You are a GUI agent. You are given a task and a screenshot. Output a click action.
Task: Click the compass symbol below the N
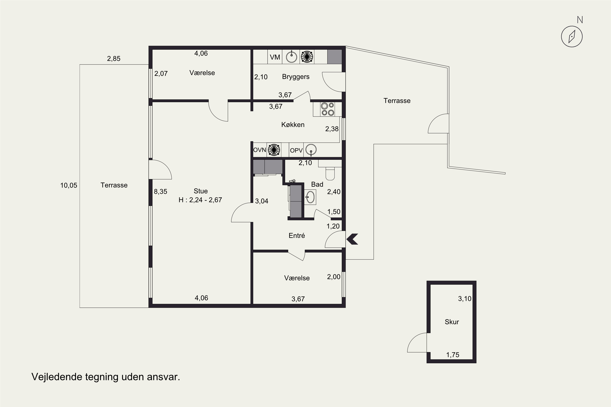pyautogui.click(x=572, y=37)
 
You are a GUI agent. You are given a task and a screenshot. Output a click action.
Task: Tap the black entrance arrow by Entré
pyautogui.click(x=352, y=239)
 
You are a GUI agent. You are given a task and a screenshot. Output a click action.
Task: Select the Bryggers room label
pyautogui.click(x=296, y=77)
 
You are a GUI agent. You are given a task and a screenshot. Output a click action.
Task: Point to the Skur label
pyautogui.click(x=452, y=322)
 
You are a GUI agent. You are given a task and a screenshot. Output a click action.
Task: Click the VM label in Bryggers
pyautogui.click(x=275, y=57)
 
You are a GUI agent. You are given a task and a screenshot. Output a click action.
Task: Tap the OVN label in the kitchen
pyautogui.click(x=259, y=150)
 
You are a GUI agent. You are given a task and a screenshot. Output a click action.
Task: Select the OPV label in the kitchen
pyautogui.click(x=296, y=151)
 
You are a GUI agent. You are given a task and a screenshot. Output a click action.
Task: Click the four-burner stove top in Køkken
pyautogui.click(x=327, y=109)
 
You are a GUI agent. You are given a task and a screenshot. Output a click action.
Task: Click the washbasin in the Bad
pyautogui.click(x=310, y=197)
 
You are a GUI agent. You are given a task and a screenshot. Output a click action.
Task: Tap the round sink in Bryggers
pyautogui.click(x=291, y=57)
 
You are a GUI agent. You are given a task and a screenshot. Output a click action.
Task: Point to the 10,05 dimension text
pyautogui.click(x=69, y=186)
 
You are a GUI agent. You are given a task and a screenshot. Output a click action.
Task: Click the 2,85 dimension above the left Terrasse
pyautogui.click(x=114, y=59)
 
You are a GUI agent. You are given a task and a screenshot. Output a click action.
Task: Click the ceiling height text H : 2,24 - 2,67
pyautogui.click(x=200, y=200)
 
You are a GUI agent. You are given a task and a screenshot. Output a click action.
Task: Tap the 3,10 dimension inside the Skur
pyautogui.click(x=465, y=299)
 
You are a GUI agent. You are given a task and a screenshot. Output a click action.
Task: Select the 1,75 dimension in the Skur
pyautogui.click(x=453, y=355)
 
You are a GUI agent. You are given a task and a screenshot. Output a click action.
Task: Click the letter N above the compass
pyautogui.click(x=580, y=20)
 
